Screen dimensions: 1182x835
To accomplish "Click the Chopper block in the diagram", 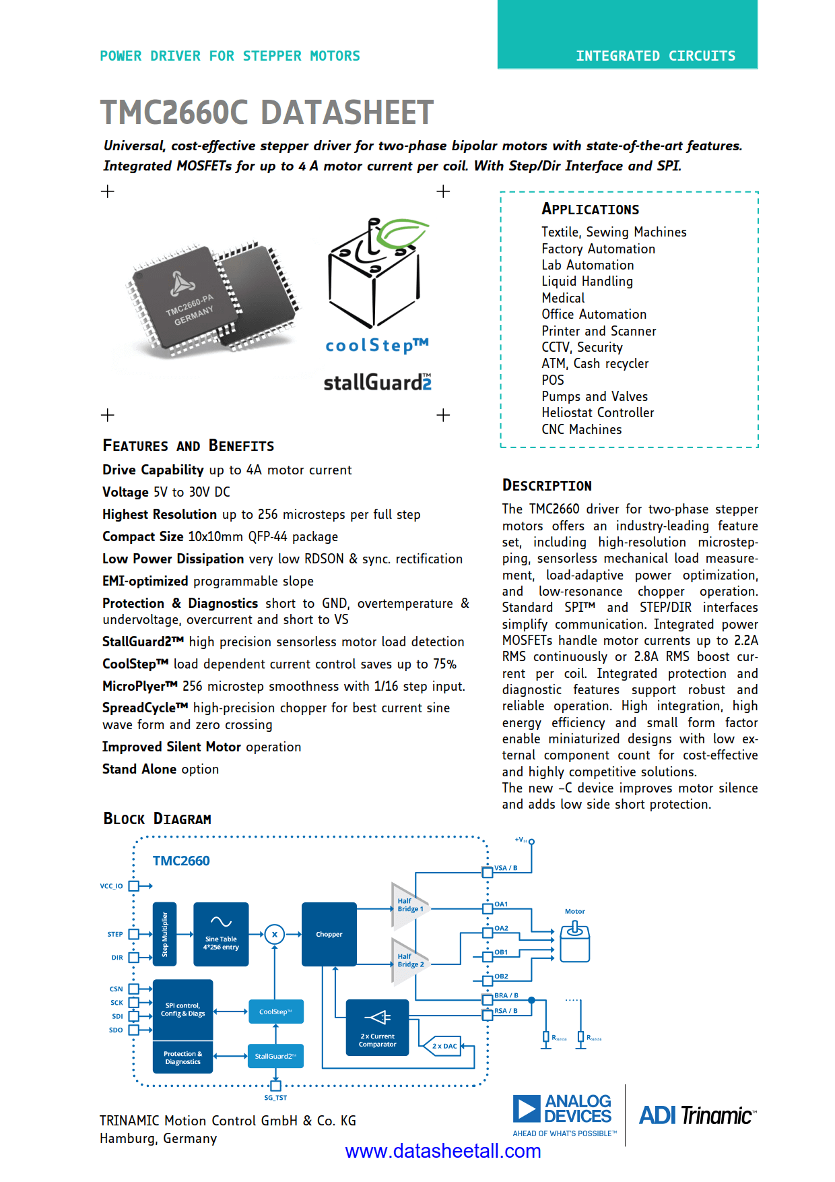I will (329, 934).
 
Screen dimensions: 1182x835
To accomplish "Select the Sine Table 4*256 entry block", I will (221, 934).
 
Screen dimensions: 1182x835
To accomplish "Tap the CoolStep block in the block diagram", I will (275, 1012).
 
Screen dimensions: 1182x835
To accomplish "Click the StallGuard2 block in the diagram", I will (275, 1056).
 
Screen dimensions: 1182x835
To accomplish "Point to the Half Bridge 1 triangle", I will (408, 905).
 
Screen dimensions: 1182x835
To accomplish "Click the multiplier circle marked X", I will (274, 934).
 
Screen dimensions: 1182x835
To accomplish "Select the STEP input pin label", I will (115, 934).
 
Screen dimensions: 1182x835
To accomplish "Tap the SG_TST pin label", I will (275, 1098).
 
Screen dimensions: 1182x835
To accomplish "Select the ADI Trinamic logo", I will (698, 1116).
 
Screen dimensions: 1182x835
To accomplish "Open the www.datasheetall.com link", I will (443, 1151).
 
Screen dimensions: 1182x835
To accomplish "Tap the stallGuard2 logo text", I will (377, 383).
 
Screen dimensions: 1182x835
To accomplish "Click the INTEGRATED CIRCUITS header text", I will (655, 56).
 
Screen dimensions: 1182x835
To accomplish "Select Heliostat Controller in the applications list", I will (597, 412).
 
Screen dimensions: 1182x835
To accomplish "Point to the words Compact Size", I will (143, 536).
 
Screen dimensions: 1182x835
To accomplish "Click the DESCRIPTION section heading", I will (547, 486).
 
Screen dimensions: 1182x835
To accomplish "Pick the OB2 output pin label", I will (501, 976).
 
